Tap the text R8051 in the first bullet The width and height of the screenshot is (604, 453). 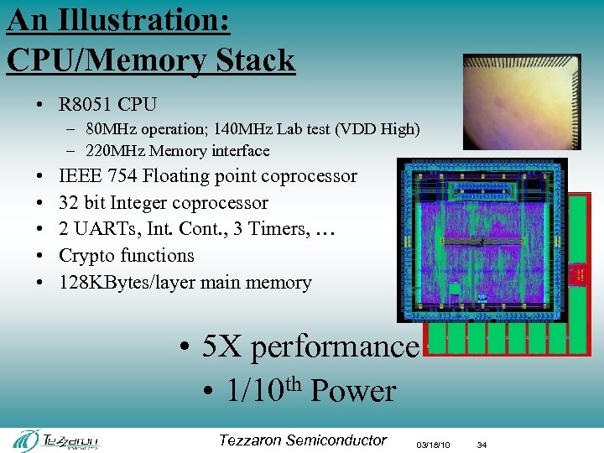(x=86, y=105)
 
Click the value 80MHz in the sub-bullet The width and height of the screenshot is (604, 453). (x=113, y=129)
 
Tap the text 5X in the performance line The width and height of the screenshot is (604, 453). (x=222, y=347)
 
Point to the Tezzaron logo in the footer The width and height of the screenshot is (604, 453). (x=58, y=440)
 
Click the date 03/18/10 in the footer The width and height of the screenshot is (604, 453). (x=434, y=445)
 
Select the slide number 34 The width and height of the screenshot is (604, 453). (x=482, y=445)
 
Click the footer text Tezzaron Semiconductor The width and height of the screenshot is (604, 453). (x=302, y=440)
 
